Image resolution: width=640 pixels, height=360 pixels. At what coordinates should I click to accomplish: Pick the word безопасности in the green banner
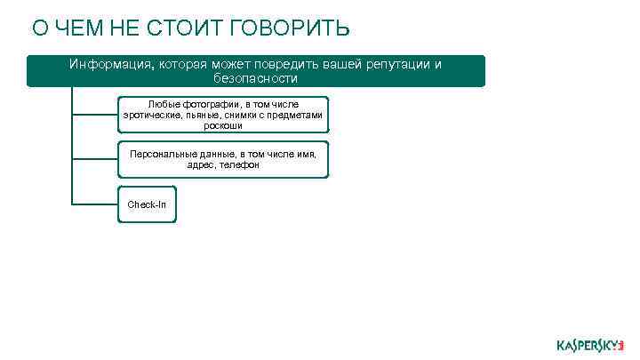click(256, 78)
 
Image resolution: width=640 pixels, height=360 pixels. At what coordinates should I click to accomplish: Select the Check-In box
click(147, 204)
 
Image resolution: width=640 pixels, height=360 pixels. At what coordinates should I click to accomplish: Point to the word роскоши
click(223, 125)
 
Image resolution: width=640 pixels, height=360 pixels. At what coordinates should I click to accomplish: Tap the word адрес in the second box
click(200, 164)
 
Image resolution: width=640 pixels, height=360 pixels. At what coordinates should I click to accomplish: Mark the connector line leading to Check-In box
click(94, 204)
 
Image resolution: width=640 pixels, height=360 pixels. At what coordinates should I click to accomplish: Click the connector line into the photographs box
click(94, 115)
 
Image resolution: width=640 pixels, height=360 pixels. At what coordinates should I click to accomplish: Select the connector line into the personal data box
click(94, 159)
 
